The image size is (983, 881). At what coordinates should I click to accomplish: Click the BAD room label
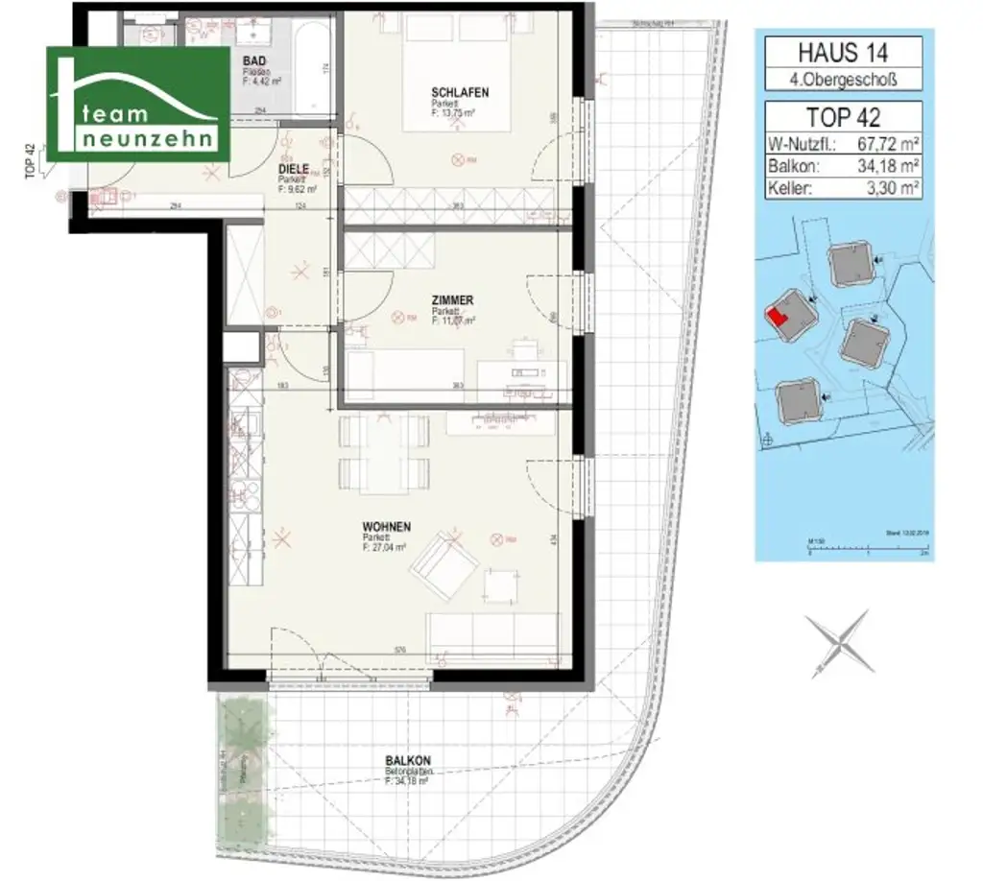click(x=255, y=59)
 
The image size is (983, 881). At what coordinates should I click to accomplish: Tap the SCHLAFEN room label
click(x=460, y=92)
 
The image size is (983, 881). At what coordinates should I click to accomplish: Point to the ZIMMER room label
click(x=452, y=300)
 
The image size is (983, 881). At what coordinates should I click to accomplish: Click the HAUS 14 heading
click(x=843, y=50)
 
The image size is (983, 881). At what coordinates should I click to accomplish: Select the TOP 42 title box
click(x=843, y=117)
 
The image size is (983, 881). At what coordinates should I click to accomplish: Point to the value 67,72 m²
click(x=884, y=145)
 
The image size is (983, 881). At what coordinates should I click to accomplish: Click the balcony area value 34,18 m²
click(x=884, y=167)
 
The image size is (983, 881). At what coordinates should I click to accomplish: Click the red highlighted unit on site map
click(x=777, y=316)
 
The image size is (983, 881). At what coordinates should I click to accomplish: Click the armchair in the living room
click(x=442, y=566)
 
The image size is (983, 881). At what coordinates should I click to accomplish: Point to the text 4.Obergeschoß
click(x=843, y=79)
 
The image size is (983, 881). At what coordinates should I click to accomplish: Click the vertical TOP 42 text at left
click(x=31, y=161)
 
